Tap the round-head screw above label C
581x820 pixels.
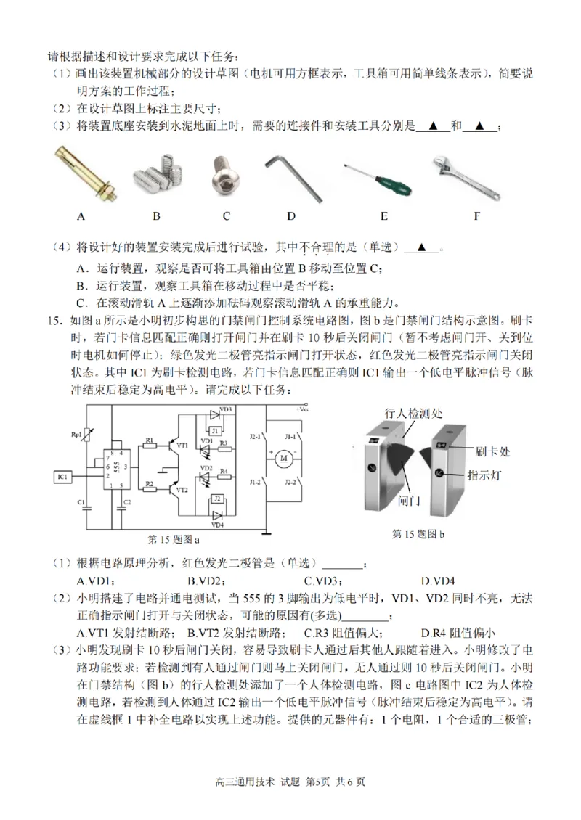pyautogui.click(x=225, y=173)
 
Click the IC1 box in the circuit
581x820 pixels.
pyautogui.click(x=62, y=477)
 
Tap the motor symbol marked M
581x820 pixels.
pyautogui.click(x=285, y=458)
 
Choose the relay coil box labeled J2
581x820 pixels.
pyautogui.click(x=216, y=500)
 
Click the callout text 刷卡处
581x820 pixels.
pyautogui.click(x=493, y=451)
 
